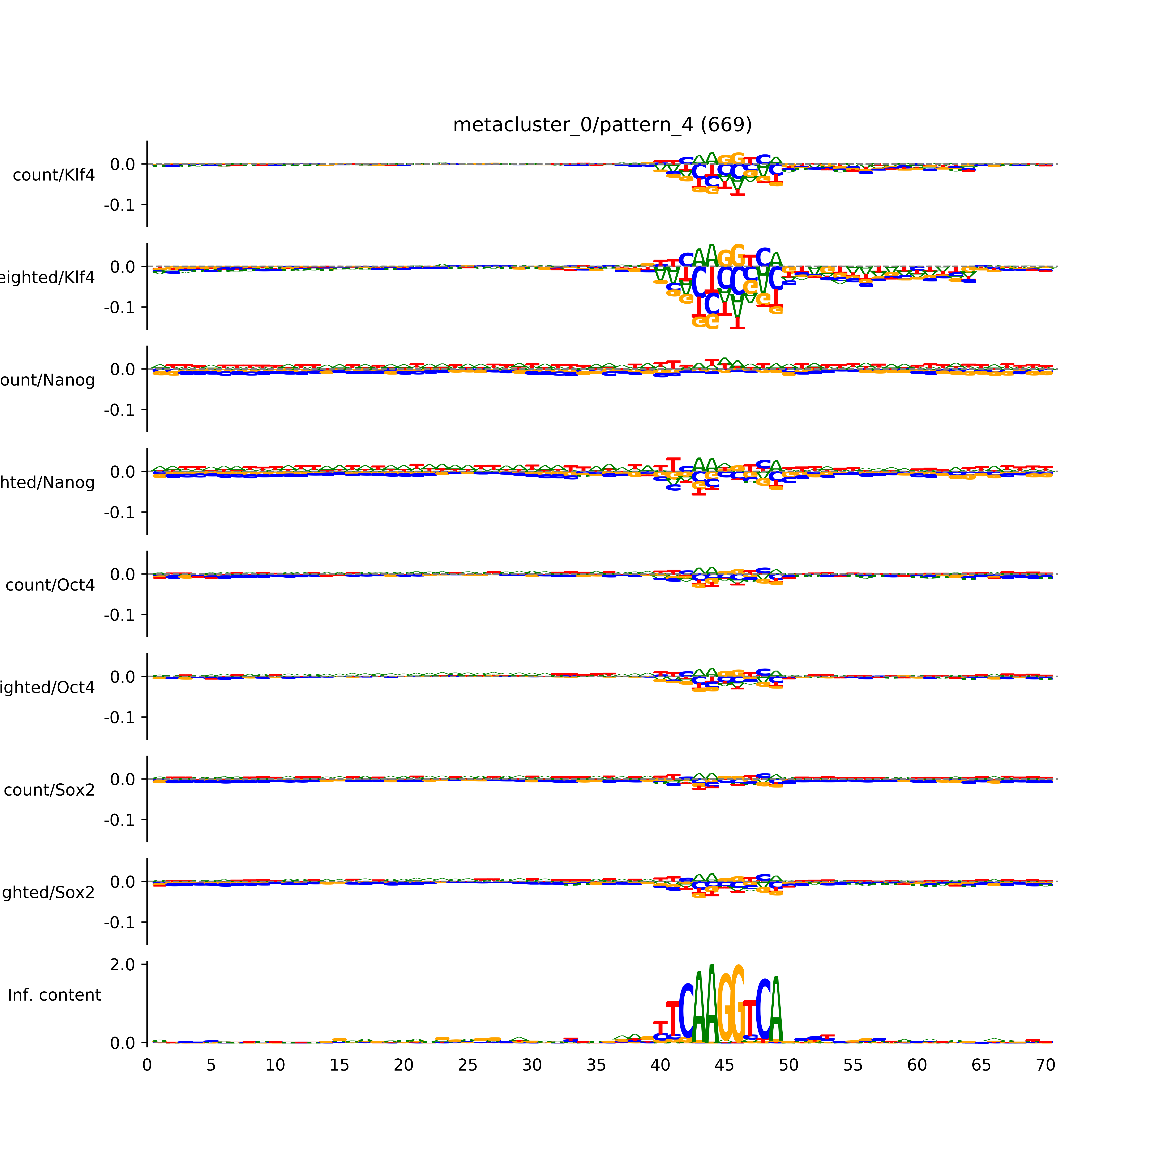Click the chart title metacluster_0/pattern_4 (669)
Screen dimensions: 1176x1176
tap(602, 125)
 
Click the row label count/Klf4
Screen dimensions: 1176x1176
tap(54, 175)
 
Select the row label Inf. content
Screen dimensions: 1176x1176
tap(54, 995)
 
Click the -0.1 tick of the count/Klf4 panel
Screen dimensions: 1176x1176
tap(119, 205)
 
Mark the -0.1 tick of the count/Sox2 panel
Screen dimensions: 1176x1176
tap(119, 820)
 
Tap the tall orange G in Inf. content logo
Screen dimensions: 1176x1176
tap(724, 1004)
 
